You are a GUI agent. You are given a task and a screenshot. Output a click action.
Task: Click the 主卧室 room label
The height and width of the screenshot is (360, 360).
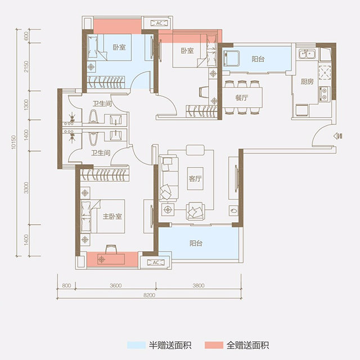coord(112,216)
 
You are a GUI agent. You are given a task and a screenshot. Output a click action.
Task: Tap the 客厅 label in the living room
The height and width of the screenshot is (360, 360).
coord(195,178)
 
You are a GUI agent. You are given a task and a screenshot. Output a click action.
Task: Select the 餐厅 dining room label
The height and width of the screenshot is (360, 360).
coord(241,98)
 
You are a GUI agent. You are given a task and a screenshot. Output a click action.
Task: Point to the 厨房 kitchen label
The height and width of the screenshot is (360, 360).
coord(307,82)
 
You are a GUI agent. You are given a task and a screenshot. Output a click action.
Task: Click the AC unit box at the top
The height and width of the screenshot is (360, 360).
coord(159,23)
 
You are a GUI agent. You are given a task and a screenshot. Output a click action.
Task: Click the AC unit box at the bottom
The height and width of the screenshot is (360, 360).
coord(156,263)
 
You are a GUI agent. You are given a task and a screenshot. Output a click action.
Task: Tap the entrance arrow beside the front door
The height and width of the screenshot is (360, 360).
coord(337,136)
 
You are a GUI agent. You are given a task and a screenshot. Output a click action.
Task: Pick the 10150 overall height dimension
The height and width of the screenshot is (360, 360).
coord(13,142)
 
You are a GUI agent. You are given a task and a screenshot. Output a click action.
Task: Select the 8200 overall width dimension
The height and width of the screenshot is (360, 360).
coord(149,295)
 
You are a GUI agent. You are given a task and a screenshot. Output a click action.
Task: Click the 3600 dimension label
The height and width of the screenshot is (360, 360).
coord(116,286)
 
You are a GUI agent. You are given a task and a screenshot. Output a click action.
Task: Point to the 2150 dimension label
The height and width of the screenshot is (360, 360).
coord(26,66)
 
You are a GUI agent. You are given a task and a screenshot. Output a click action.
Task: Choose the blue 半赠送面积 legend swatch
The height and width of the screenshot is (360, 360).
coord(136,345)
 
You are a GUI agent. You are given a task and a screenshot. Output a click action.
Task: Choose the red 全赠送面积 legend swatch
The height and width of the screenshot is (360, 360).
coord(214,345)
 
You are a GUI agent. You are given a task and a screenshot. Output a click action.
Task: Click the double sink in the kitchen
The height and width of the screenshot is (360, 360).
coord(307,55)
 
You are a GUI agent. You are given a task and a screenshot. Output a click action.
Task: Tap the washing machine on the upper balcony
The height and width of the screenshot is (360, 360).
coord(232,58)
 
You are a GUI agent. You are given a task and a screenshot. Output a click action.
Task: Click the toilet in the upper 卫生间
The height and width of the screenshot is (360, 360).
coord(93,116)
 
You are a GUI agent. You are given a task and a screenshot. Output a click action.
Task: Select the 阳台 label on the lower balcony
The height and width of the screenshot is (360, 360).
coord(196,243)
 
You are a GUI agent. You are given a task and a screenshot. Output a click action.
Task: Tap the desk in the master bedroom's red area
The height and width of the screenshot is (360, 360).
coord(111,259)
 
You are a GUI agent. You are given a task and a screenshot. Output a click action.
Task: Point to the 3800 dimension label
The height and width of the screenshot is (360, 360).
coord(199,286)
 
